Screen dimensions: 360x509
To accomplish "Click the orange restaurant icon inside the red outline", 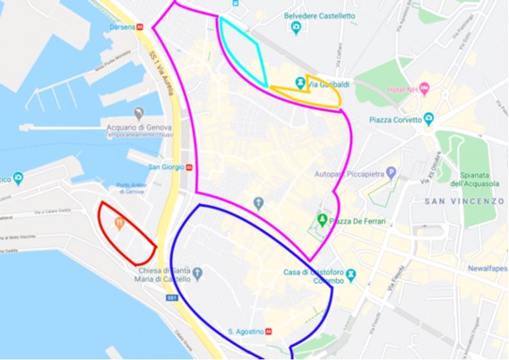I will pyautogui.click(x=118, y=219).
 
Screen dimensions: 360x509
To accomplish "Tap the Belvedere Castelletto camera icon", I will pyautogui.click(x=294, y=27).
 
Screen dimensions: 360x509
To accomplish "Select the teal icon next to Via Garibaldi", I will pyautogui.click(x=299, y=84).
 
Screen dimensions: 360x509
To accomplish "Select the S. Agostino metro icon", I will pyautogui.click(x=273, y=332).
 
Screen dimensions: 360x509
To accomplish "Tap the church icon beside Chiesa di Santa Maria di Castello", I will pyautogui.click(x=199, y=272).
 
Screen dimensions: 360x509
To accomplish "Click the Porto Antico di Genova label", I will pyautogui.click(x=130, y=189).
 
